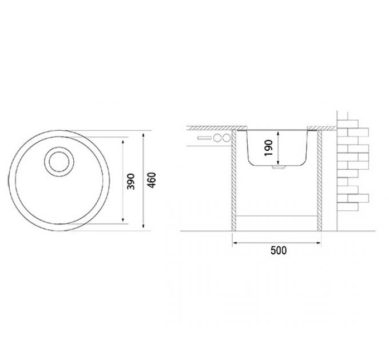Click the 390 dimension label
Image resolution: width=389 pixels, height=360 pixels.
pos(130,181)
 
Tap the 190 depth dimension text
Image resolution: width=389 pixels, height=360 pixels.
pos(268,147)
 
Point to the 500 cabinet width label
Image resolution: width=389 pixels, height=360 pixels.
pos(278,250)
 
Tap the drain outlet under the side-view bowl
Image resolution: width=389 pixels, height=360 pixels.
pos(276,168)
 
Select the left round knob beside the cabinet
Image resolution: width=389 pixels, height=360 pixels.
pos(218,138)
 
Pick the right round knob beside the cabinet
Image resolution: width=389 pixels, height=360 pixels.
pos(226,138)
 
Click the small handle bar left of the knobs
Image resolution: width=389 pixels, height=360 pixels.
pos(204,138)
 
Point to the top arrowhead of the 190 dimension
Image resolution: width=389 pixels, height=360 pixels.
pos(277,131)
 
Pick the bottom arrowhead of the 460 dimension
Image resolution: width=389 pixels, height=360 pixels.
pos(142,228)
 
